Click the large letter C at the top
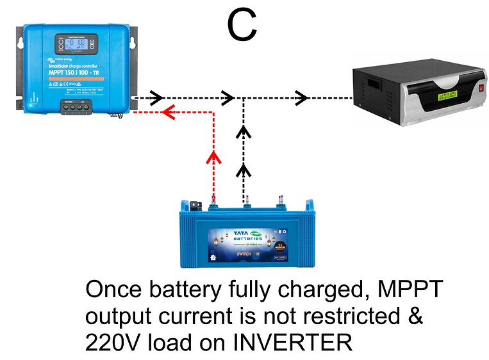[242, 25]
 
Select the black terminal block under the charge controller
[76, 107]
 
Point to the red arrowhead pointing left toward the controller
[169, 113]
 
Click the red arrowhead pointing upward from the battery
[214, 158]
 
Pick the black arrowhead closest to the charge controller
[154, 98]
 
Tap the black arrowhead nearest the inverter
[302, 98]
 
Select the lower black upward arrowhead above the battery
[244, 170]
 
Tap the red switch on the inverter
[478, 88]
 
